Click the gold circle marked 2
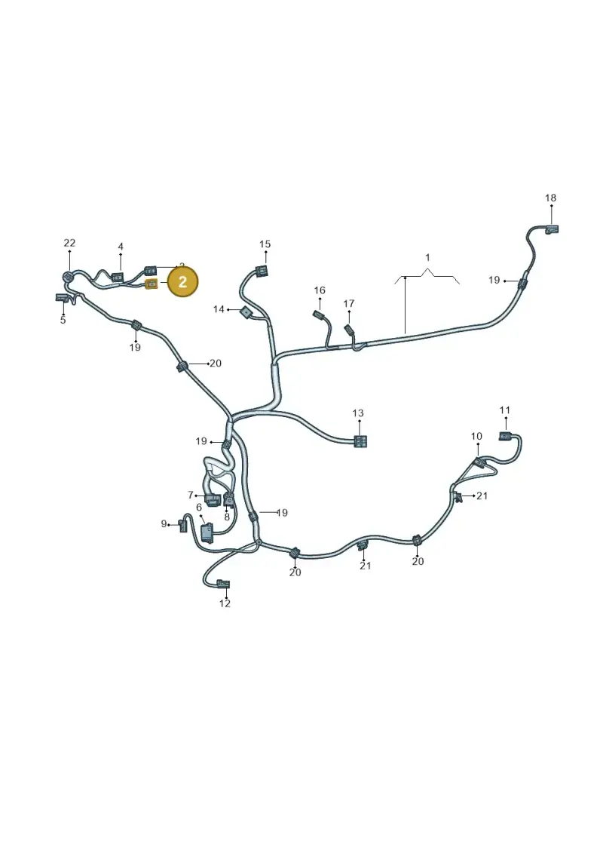[182, 281]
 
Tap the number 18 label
[550, 198]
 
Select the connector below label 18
[552, 229]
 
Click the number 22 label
[69, 243]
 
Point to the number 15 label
[265, 244]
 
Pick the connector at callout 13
[360, 441]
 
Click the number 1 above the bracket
[427, 257]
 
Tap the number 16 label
[320, 290]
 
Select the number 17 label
[348, 303]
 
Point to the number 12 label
[225, 603]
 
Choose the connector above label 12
[223, 585]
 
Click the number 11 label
[505, 410]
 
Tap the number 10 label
[476, 436]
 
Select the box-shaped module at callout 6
[208, 532]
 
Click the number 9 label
[164, 524]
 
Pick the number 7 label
[190, 495]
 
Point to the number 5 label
[63, 321]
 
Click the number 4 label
[121, 247]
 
